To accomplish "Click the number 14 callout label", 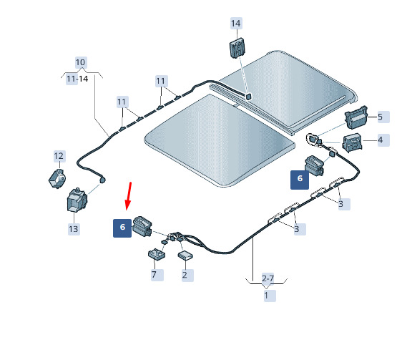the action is tap(236, 24).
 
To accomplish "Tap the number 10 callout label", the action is tap(81, 62).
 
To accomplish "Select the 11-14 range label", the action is tap(77, 79).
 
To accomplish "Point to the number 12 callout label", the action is tap(59, 156).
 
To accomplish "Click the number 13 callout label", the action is tap(74, 229).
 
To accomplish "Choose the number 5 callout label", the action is tap(381, 117).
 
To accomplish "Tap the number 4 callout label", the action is tap(381, 140).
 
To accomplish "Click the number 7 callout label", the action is tap(155, 275).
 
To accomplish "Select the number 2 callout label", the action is tap(185, 275).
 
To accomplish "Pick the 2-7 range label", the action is tap(268, 278).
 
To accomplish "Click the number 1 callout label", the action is tap(267, 296).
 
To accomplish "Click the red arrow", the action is tap(129, 196).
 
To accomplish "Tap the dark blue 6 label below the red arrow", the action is tap(122, 228).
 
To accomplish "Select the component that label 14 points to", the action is tap(237, 47).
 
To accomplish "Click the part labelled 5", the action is tap(356, 117).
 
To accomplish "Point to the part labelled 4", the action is tap(352, 142).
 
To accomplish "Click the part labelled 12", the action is tap(57, 178).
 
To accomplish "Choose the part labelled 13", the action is tap(77, 200).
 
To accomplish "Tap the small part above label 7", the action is tap(157, 253).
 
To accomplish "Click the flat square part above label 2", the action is tap(185, 255).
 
